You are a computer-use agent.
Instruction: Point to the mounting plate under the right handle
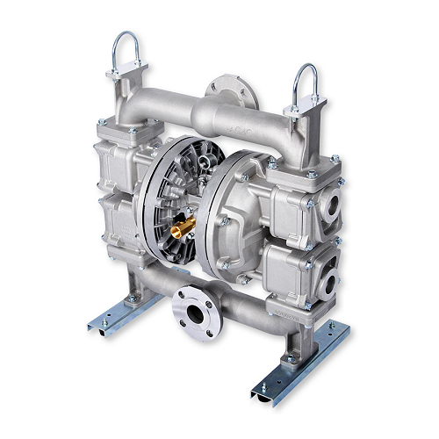click(x=304, y=110)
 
